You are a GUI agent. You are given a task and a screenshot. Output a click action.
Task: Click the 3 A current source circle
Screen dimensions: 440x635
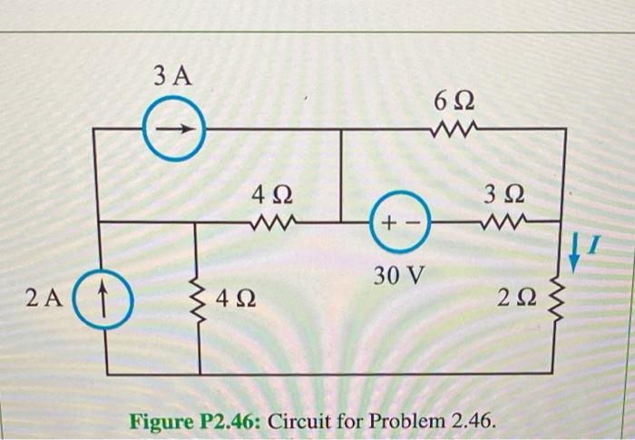click(175, 131)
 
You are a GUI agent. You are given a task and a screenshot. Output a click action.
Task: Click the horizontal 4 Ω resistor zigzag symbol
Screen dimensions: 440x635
click(269, 220)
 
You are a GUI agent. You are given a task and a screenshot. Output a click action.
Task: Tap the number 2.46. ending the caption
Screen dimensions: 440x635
click(471, 421)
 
